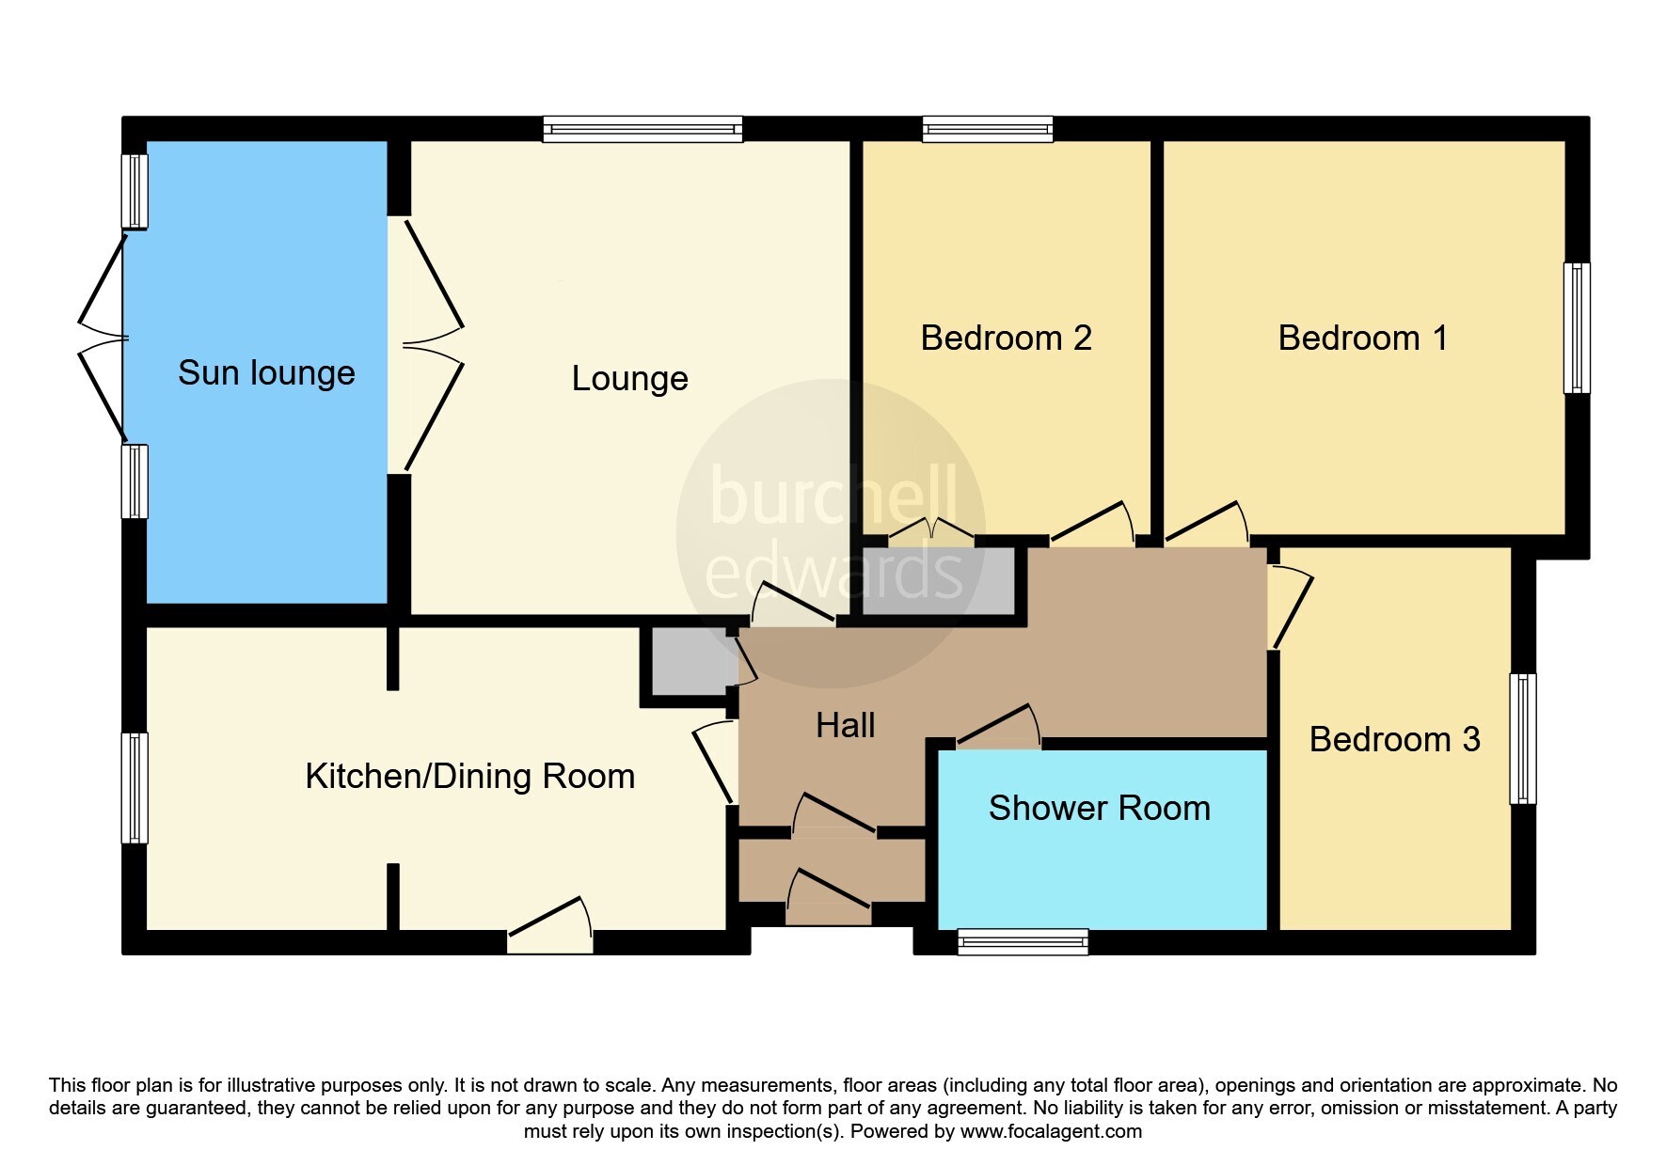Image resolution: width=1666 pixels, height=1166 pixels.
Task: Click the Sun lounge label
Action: [x=266, y=373]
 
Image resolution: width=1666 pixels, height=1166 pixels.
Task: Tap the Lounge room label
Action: [x=629, y=379]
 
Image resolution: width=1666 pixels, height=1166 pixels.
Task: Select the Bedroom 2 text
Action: [x=1006, y=339]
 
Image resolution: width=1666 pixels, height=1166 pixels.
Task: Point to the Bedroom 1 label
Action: [x=1362, y=339]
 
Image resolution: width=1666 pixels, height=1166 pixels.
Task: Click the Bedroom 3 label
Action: [x=1394, y=740]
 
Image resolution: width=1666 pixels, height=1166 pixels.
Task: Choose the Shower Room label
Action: [x=1099, y=809]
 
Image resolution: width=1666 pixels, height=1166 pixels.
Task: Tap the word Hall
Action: [x=845, y=726]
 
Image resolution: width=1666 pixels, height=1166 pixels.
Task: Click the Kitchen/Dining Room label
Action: [x=469, y=777]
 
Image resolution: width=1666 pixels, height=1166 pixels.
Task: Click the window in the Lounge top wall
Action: [x=643, y=130]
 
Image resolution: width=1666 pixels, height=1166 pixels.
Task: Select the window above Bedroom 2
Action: [x=987, y=130]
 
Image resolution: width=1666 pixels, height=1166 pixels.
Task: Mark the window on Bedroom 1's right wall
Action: [x=1577, y=327]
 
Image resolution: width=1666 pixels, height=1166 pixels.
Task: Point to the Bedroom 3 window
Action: [x=1522, y=738]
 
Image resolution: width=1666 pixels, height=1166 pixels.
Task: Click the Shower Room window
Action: [x=1023, y=941]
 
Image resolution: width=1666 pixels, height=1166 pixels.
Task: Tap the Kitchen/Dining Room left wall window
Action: [x=135, y=788]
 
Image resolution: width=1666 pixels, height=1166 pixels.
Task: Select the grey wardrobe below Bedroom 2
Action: [x=938, y=582]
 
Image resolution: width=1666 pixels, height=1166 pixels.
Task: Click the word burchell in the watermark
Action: [x=833, y=496]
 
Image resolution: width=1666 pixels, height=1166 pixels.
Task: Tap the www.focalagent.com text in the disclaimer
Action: [x=1050, y=1131]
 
